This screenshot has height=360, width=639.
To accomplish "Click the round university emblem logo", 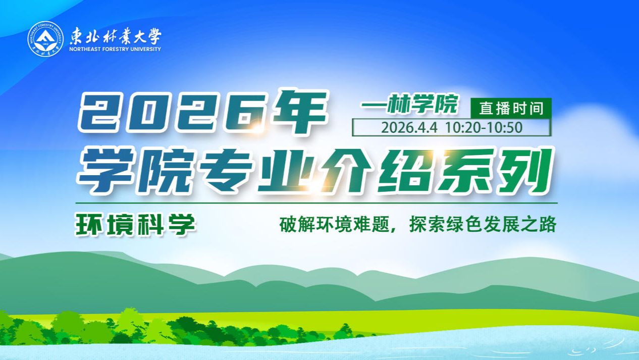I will pyautogui.click(x=45, y=39).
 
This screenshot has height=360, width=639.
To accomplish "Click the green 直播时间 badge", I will pyautogui.click(x=511, y=108).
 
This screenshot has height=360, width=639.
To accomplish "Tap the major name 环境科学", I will pyautogui.click(x=135, y=225).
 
